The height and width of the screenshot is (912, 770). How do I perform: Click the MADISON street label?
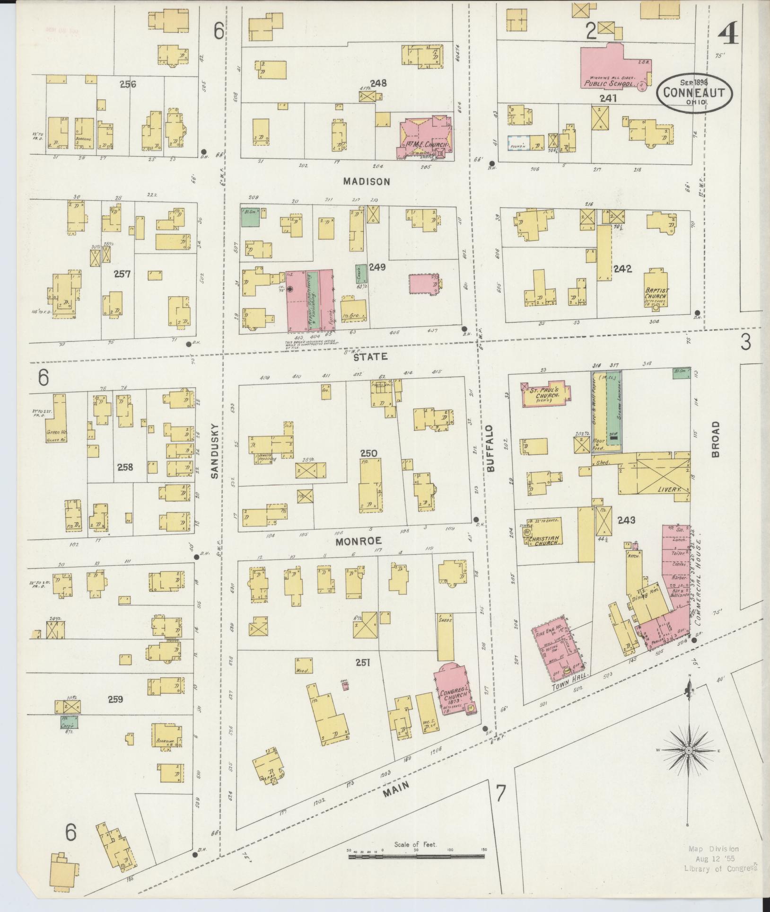[366, 181]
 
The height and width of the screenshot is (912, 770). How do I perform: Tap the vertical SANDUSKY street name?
[215, 451]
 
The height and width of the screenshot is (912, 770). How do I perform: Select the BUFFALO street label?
[490, 448]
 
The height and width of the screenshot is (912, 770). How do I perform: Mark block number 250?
[368, 454]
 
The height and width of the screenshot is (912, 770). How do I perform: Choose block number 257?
[122, 274]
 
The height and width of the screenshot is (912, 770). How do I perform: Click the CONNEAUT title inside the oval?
[693, 92]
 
